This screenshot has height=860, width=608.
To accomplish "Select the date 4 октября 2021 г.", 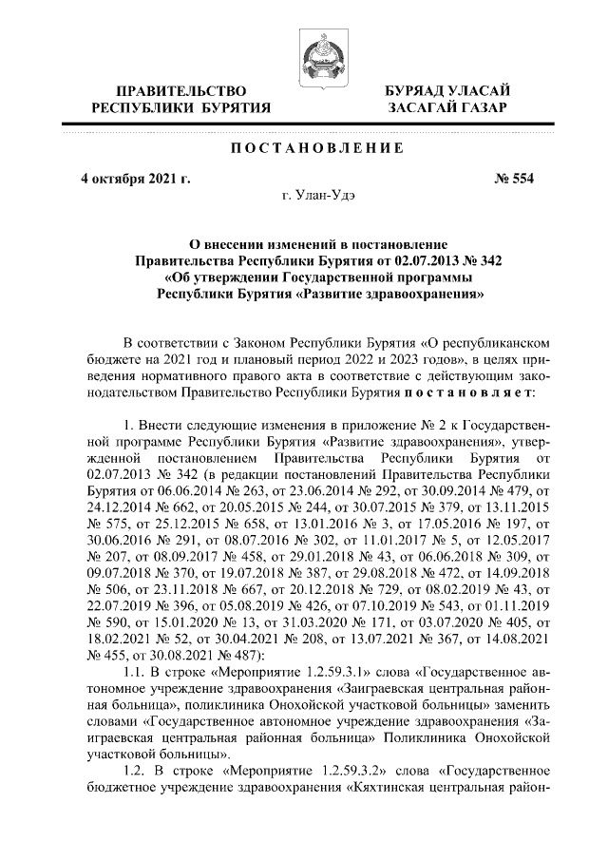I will coord(136,179).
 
